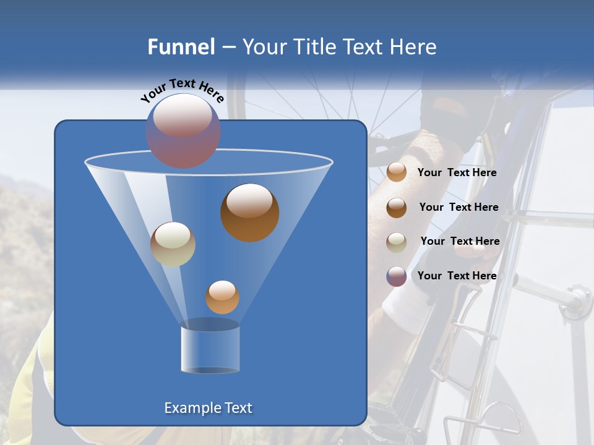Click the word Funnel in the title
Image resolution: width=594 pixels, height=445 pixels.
pyautogui.click(x=181, y=47)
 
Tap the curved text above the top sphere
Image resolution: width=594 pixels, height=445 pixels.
pyautogui.click(x=183, y=90)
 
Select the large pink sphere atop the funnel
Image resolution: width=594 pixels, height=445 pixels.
pyautogui.click(x=183, y=130)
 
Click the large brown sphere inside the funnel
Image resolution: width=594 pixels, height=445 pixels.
pyautogui.click(x=249, y=212)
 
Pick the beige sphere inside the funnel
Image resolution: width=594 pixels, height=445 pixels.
pyautogui.click(x=173, y=244)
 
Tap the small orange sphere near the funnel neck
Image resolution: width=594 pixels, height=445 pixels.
pyautogui.click(x=222, y=297)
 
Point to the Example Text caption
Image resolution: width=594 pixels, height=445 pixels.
pyautogui.click(x=209, y=408)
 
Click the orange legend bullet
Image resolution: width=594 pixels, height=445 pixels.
pyautogui.click(x=397, y=172)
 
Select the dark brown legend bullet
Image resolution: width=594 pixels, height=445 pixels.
pyautogui.click(x=397, y=207)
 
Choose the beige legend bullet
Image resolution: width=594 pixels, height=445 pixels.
pyautogui.click(x=397, y=242)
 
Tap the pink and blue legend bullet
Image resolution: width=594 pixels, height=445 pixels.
pyautogui.click(x=397, y=276)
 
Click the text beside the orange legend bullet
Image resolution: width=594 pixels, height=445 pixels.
pyautogui.click(x=457, y=173)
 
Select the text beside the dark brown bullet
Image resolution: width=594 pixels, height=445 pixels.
pyautogui.click(x=458, y=207)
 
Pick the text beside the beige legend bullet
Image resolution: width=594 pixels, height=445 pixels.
pyautogui.click(x=460, y=241)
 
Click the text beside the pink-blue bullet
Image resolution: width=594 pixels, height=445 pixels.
pyautogui.click(x=457, y=276)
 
